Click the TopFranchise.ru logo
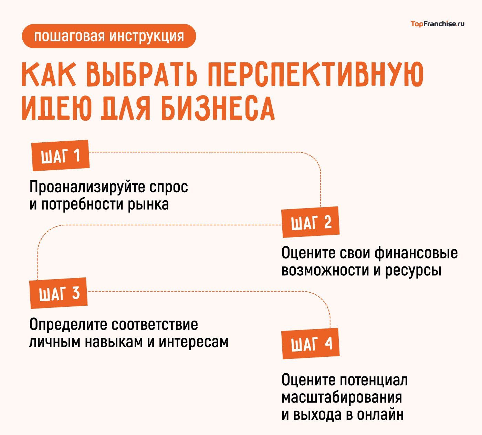[437, 24]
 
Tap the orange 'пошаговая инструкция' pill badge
[109, 36]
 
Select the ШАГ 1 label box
[61, 155]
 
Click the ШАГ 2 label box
[311, 222]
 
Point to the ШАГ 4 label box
[311, 343]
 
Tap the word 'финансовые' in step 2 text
[416, 253]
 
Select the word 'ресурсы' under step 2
[413, 270]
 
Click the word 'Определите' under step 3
[69, 325]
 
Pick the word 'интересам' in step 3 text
[193, 342]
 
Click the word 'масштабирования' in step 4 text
[342, 397]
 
